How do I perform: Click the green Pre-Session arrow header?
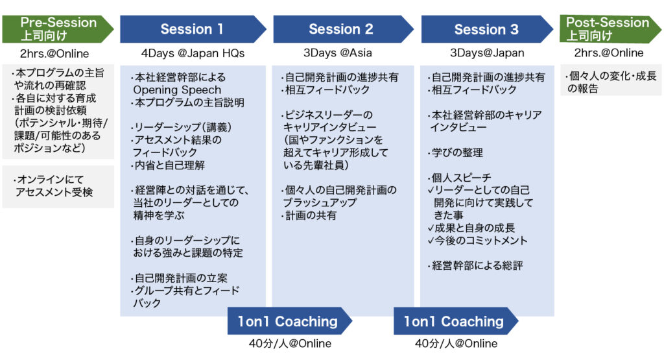(x=58, y=29)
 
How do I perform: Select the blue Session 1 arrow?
(x=193, y=29)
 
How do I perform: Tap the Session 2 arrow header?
(x=344, y=29)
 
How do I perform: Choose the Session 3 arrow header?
(x=488, y=29)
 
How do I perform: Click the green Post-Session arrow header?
(x=610, y=29)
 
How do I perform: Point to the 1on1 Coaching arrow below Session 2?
(x=290, y=321)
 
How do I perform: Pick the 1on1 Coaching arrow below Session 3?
(x=456, y=321)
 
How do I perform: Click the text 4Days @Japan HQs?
(x=193, y=53)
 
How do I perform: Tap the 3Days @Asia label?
(x=337, y=53)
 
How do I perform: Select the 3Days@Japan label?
(x=487, y=53)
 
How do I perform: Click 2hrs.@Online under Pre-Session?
(x=54, y=54)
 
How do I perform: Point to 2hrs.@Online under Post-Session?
(x=609, y=53)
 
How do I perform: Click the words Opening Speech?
(x=177, y=90)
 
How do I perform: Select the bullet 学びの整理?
(x=455, y=153)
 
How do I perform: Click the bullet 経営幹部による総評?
(x=475, y=266)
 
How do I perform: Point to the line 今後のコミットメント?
(x=478, y=241)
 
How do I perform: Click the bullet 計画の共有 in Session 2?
(x=309, y=215)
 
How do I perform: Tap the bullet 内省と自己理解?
(x=168, y=165)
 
